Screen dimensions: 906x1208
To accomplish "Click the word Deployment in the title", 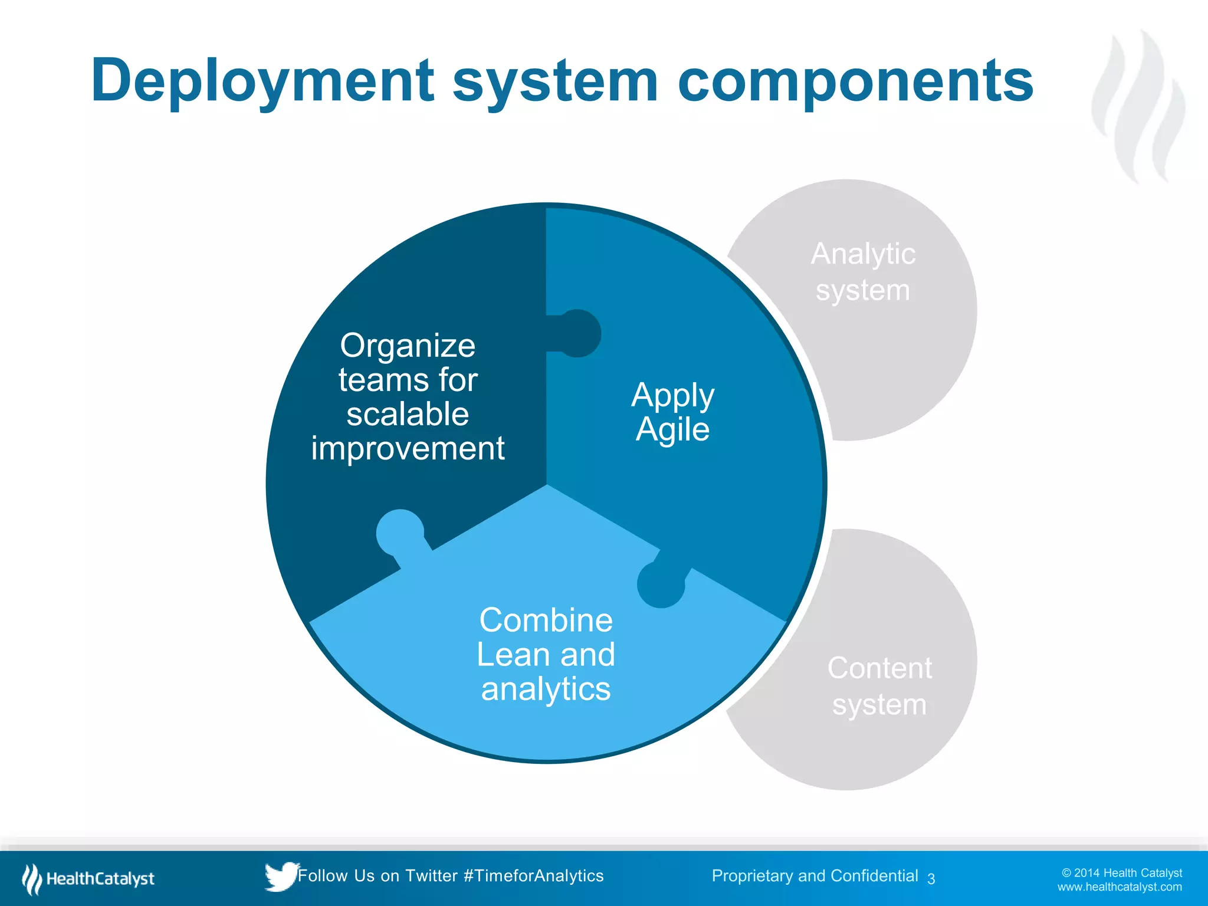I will [262, 81].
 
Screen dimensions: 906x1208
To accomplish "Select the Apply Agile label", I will [672, 412].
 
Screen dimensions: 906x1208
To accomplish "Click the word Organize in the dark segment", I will [408, 346].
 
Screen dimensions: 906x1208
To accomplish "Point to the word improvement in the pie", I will [408, 449].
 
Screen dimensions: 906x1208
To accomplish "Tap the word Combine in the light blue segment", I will [546, 621].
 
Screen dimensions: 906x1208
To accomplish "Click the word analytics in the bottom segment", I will [546, 689].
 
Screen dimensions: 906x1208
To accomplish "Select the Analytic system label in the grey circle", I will [863, 272].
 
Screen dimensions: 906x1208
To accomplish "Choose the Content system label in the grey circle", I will [879, 686].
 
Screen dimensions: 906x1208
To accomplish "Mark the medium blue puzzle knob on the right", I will [661, 584].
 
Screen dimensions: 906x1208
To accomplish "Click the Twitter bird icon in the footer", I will [280, 877].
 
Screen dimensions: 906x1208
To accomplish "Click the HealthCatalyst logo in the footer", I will [88, 879].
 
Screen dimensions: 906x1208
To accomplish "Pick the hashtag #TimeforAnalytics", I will [533, 876].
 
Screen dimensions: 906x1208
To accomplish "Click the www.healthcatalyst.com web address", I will [1119, 887].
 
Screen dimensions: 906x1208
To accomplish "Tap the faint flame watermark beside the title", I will [1138, 106].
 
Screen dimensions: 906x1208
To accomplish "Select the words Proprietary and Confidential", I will [815, 876].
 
